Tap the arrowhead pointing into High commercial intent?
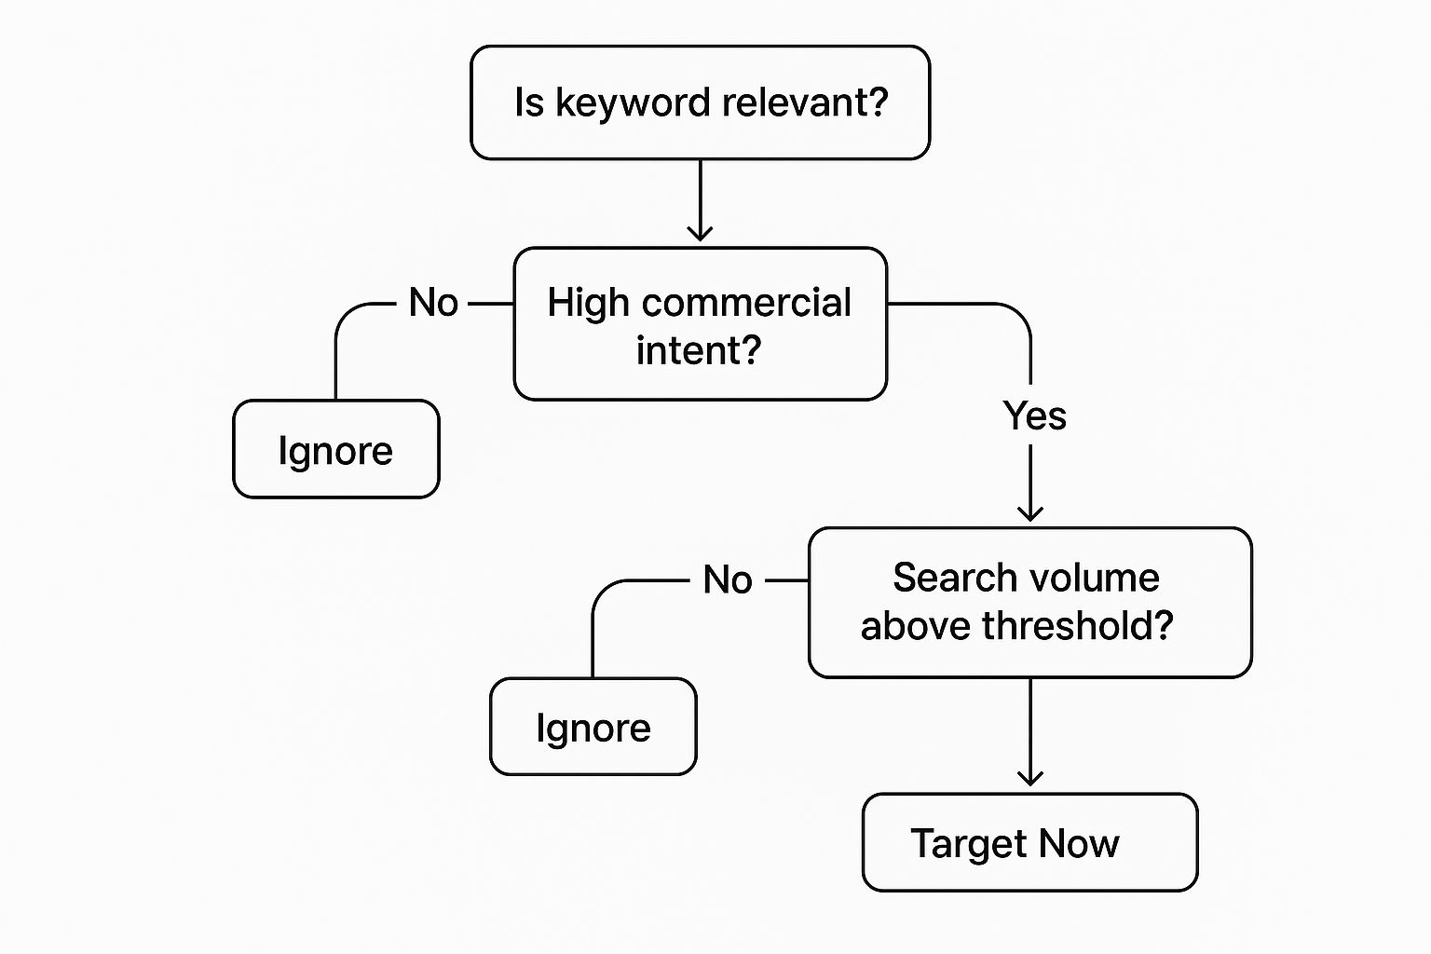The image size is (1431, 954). point(700,232)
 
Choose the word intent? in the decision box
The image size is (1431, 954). point(699,350)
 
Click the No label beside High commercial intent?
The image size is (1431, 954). point(433,303)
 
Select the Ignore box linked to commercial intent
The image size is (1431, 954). point(335,450)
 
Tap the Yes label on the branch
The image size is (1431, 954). point(1034,416)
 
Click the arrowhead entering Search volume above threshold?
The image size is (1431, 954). point(1030,511)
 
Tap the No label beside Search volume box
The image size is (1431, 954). point(728,579)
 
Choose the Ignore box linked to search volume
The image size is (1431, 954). point(593,728)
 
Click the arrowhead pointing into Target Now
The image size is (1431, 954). point(1030,777)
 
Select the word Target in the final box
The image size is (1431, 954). point(969,844)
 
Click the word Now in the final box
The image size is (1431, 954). point(1079,844)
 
